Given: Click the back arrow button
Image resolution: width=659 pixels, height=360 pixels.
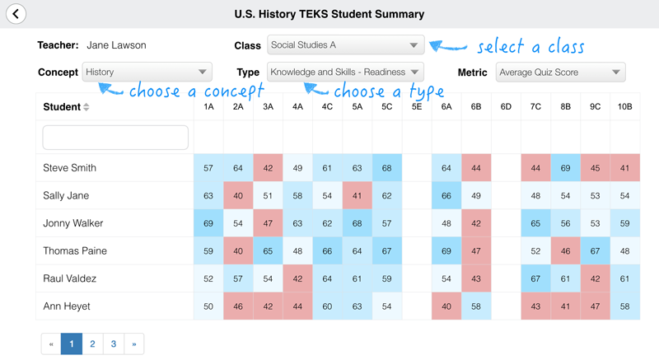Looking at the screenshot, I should coord(16,14).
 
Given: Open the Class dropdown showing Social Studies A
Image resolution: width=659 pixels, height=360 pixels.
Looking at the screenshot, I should coord(345,45).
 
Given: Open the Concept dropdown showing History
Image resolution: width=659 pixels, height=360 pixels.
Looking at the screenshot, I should coord(147,72).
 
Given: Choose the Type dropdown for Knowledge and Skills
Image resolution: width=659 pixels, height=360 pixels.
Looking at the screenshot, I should coord(345,72).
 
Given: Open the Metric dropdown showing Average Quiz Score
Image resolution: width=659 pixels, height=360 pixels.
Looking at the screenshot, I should coord(560,72).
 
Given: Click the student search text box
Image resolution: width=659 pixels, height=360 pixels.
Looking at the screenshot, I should coord(115,138).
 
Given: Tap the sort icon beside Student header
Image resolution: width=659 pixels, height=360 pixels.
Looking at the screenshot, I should coord(86,107).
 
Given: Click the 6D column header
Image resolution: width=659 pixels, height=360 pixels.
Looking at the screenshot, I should coord(506,107).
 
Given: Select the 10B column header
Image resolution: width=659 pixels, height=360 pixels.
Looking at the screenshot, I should coord(625,107).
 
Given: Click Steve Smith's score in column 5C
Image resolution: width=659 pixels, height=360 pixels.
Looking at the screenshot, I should coord(387,168).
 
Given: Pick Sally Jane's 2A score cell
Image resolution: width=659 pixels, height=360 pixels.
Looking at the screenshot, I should coord(238,196).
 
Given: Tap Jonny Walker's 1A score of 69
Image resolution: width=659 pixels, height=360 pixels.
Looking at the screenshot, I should coord(208,223).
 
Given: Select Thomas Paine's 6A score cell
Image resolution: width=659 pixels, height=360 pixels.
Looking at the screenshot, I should coord(446,251).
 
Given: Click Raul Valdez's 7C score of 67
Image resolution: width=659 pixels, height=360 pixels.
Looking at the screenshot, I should coord(535,278).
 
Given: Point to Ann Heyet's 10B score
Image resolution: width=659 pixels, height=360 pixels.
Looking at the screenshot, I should coord(625,306).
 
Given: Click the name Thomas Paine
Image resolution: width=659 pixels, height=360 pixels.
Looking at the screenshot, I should coord(75,251).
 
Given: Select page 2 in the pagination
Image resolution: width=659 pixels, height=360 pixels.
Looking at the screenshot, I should coord(92,344).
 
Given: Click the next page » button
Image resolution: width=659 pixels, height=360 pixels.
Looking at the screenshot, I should coord(134,344).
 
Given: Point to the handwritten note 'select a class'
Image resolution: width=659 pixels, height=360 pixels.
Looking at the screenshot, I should coord(530,46).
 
